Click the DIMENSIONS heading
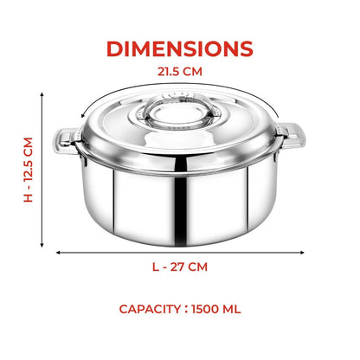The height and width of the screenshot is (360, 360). click(180, 48)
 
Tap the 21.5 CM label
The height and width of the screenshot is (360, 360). click(180, 72)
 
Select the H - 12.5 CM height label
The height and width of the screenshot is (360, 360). click(29, 170)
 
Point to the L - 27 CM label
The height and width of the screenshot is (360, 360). click(180, 267)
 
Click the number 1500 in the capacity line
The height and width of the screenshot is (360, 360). click(205, 309)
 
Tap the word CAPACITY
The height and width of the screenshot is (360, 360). click(150, 309)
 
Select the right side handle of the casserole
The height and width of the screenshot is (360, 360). click(292, 136)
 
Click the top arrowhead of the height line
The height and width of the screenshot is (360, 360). click(42, 94)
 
